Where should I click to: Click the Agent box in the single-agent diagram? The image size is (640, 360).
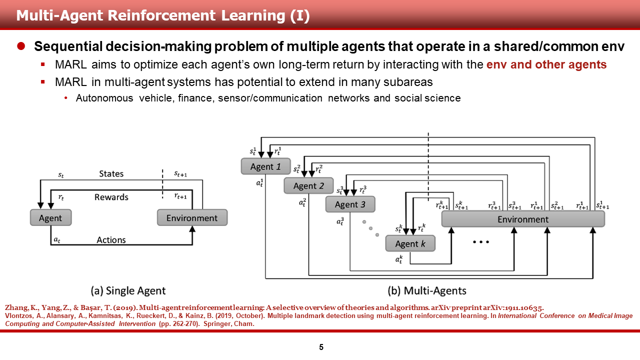pos(50,218)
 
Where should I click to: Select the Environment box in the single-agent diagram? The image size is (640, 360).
pos(192,218)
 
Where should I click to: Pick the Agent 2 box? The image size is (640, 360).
pos(308,186)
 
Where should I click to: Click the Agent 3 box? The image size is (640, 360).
pos(350,204)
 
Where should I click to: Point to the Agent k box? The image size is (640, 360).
pos(410,243)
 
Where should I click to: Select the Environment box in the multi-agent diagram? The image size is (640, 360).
pos(522,219)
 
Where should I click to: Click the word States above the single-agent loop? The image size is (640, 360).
pos(111,174)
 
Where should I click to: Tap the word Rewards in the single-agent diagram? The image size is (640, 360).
pos(111,197)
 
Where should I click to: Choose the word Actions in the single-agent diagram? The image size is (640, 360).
pos(111,240)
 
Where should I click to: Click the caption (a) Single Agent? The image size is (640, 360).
pos(128,290)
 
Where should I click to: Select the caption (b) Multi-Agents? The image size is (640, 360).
pos(427,290)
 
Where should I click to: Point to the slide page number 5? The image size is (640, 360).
pos(321,347)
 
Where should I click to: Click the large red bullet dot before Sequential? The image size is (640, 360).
pos(21,46)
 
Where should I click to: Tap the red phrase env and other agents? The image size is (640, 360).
pos(546,65)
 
